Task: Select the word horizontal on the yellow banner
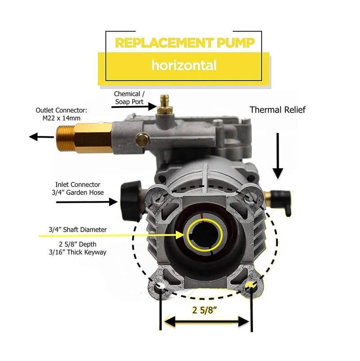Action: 184,66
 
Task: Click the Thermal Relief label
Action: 277,110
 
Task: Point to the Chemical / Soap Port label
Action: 129,98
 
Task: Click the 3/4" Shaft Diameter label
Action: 77,230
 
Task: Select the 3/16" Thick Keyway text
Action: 77,252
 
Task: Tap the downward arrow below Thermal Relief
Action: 278,155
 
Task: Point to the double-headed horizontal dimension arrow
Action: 206,321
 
